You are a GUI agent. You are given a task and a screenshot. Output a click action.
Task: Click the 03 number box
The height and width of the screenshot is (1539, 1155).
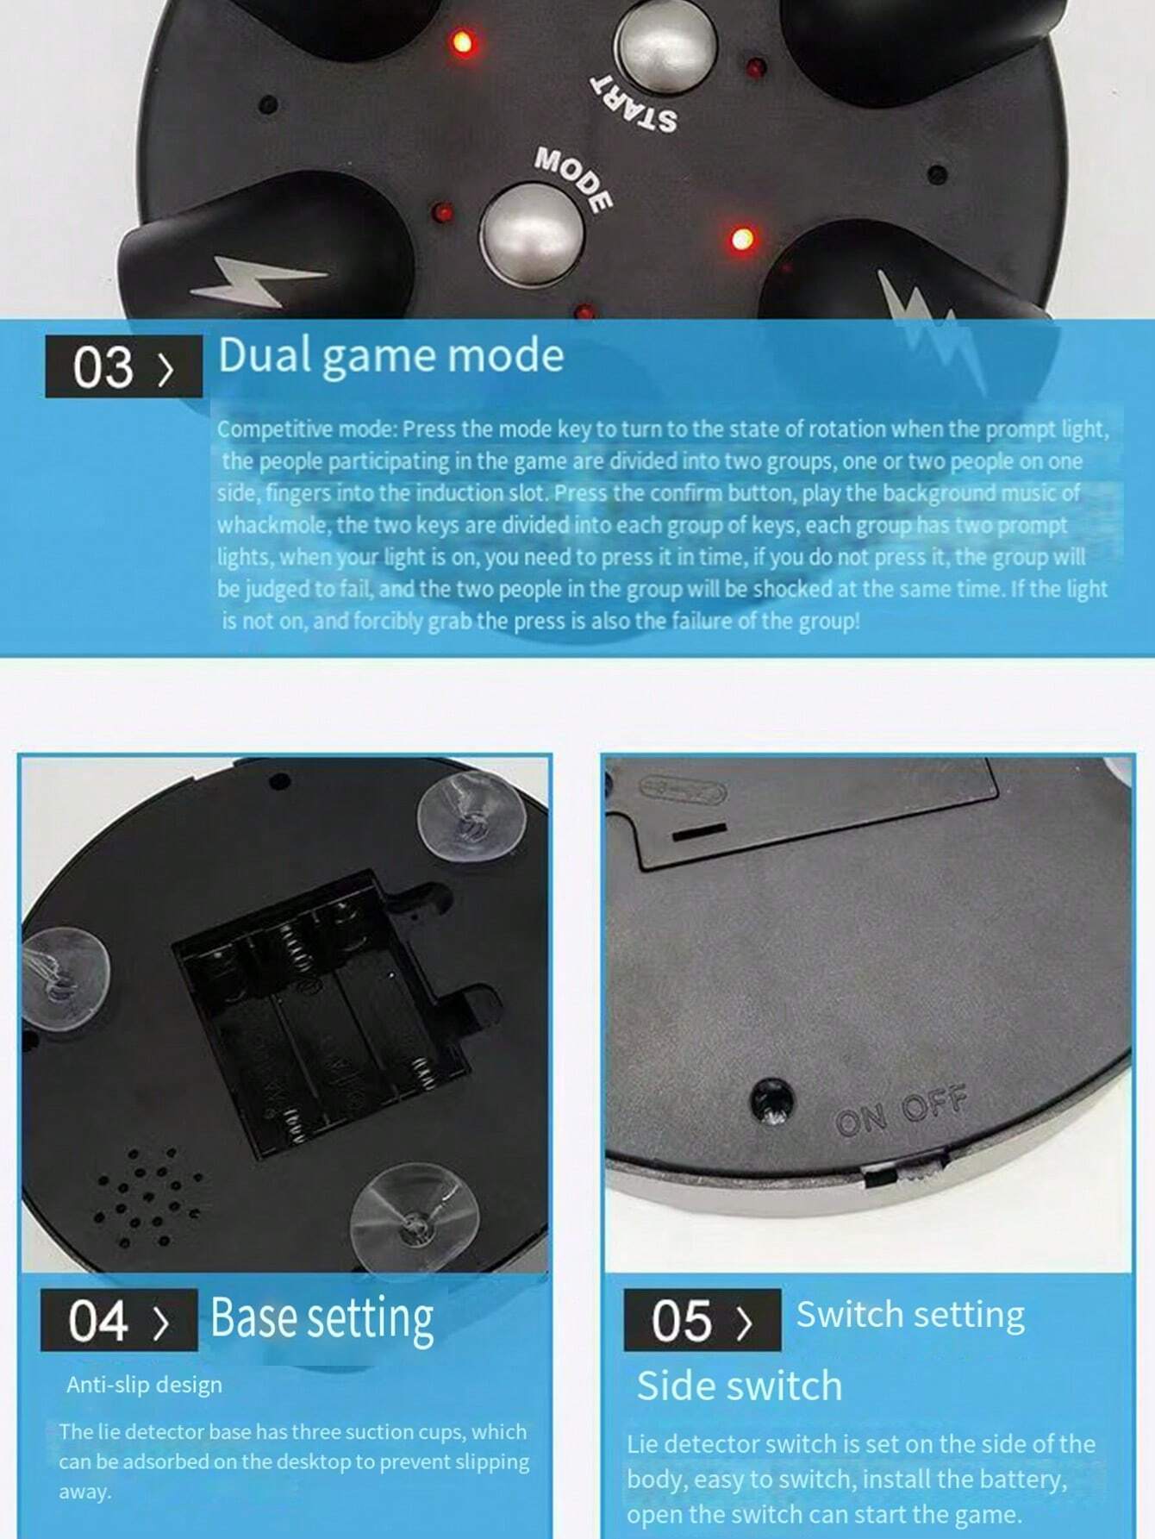[x=123, y=366]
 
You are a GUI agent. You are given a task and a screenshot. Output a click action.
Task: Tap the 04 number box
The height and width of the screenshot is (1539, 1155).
[x=119, y=1320]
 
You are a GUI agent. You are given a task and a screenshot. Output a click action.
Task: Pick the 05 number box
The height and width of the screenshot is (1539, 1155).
[x=702, y=1320]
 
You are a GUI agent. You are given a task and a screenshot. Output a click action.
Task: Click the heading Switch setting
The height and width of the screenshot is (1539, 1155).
[x=910, y=1315]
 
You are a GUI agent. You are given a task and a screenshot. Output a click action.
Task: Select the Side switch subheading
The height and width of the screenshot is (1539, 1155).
[x=739, y=1386]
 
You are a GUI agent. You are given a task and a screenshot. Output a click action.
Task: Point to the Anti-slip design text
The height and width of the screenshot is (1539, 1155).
[x=144, y=1385]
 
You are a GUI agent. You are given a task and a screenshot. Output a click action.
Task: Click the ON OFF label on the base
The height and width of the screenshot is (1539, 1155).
[x=901, y=1110]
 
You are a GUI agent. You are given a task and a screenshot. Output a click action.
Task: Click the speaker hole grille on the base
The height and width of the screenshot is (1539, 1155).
[x=148, y=1198]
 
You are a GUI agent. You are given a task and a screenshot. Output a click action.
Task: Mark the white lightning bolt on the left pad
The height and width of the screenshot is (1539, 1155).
[x=256, y=280]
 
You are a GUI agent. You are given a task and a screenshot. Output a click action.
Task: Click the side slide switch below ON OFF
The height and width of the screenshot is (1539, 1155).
[x=905, y=1172]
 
